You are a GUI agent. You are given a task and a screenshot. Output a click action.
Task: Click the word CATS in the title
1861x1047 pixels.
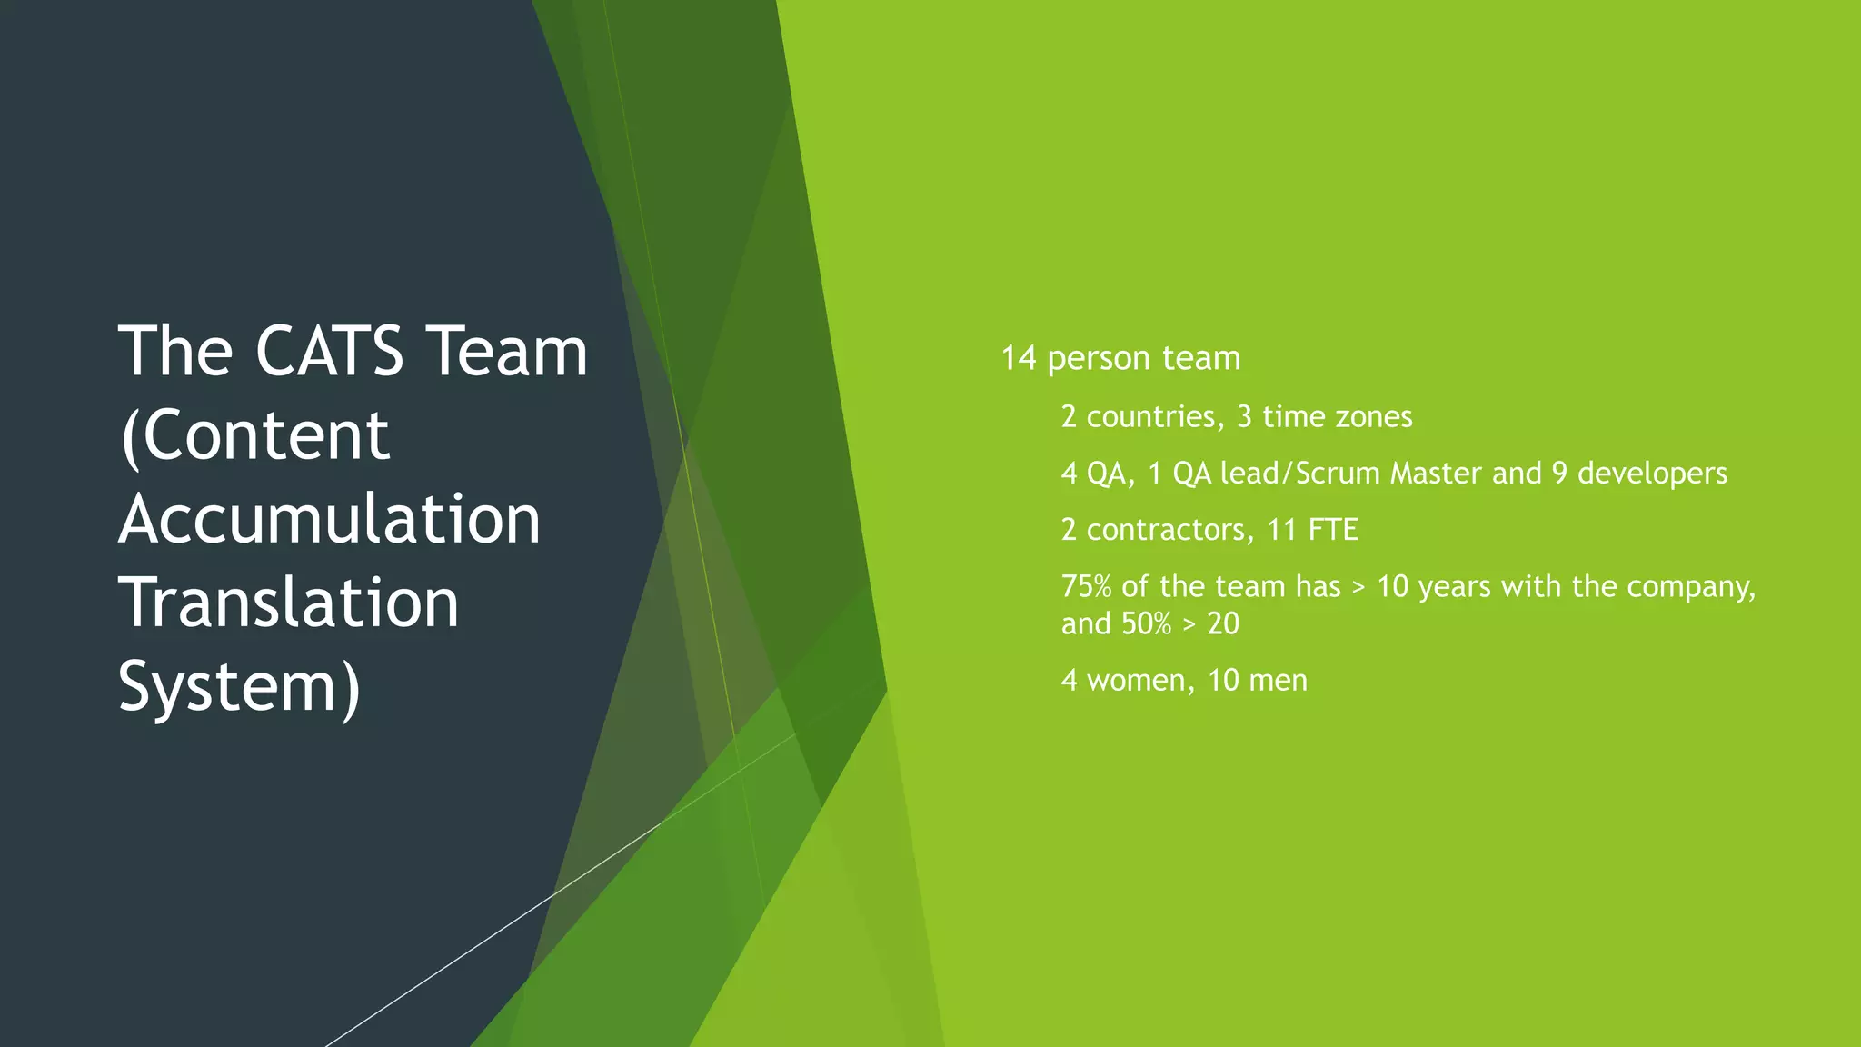[329, 352]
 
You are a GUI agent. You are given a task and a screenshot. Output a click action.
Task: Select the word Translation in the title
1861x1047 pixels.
[288, 603]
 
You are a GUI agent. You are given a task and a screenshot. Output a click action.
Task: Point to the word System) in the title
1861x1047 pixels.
[239, 687]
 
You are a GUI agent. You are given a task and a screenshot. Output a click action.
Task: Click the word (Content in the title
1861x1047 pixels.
[254, 435]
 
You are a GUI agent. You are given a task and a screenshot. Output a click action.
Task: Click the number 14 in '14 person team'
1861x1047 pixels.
[1019, 358]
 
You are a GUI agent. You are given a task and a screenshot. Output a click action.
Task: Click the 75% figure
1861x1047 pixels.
[1086, 586]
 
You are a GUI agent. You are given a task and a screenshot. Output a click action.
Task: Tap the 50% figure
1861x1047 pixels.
[1146, 623]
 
